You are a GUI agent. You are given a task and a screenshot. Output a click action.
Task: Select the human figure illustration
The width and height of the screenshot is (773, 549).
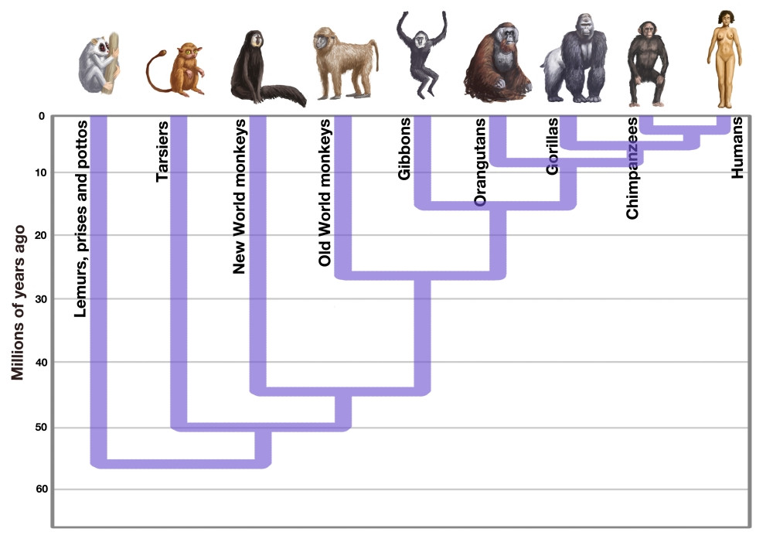[x=724, y=58]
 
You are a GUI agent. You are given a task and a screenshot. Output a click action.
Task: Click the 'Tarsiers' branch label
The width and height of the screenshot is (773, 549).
[x=162, y=150]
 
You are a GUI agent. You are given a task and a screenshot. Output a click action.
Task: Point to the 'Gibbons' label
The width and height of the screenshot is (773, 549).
[x=404, y=149]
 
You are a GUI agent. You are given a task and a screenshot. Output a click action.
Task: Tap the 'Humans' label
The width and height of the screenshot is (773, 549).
[x=737, y=148]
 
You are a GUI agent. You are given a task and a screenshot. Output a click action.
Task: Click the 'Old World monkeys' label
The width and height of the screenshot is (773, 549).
[x=325, y=193]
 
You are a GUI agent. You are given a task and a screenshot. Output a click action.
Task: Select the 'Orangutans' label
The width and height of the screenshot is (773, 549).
[x=480, y=162]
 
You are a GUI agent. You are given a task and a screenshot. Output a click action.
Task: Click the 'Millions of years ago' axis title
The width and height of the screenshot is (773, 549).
[x=18, y=303]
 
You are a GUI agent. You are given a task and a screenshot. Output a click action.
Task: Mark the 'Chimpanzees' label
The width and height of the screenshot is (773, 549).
[x=632, y=168]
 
